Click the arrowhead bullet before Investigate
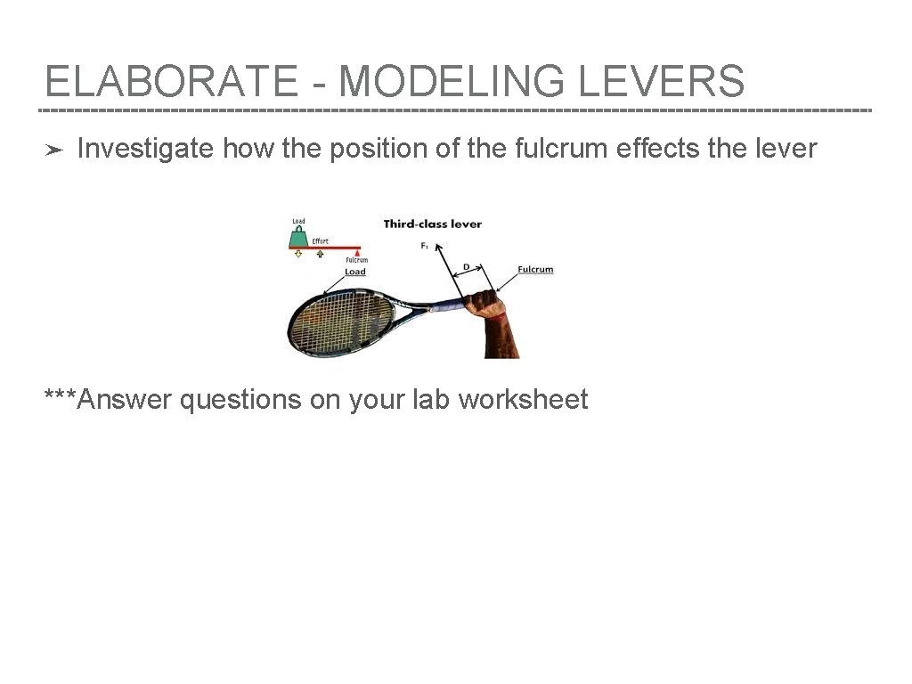(x=53, y=151)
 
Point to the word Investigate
(x=145, y=149)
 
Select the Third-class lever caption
(x=432, y=224)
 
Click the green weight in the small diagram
(x=298, y=237)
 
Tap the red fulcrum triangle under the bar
(x=358, y=253)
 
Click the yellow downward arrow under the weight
(x=298, y=254)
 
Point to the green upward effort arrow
(x=320, y=254)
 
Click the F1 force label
(x=425, y=246)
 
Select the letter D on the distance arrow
(x=466, y=266)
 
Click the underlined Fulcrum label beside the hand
(x=535, y=269)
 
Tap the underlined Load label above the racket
(x=355, y=272)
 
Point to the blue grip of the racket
(x=442, y=308)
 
